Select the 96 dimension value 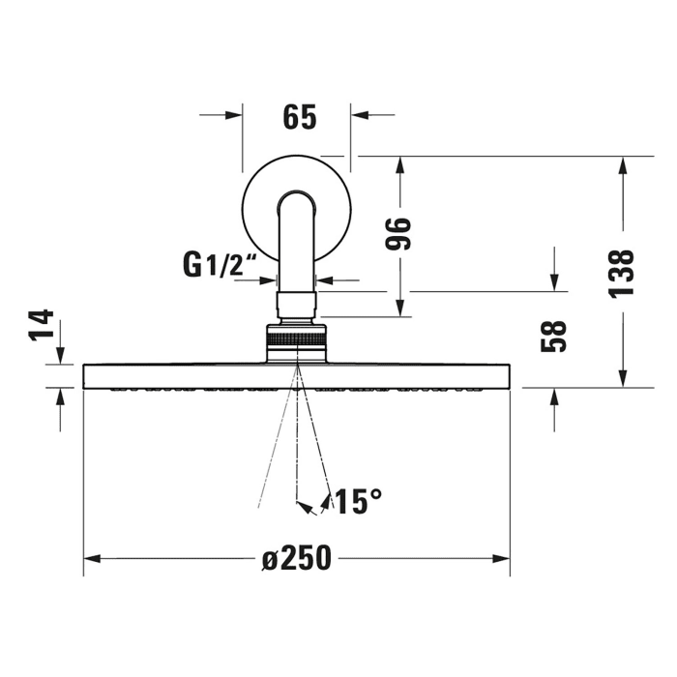click(399, 233)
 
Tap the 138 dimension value click(623, 273)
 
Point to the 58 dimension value click(555, 336)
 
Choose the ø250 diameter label click(297, 559)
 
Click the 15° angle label click(357, 501)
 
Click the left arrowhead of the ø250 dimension click(93, 559)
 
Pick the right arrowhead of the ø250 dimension click(502, 559)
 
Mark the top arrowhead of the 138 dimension click(623, 164)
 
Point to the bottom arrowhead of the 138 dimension click(623, 378)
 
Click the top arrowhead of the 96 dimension click(399, 164)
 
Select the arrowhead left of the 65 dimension click(232, 115)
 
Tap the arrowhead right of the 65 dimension click(360, 115)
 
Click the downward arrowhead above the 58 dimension click(555, 281)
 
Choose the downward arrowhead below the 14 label click(60, 356)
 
